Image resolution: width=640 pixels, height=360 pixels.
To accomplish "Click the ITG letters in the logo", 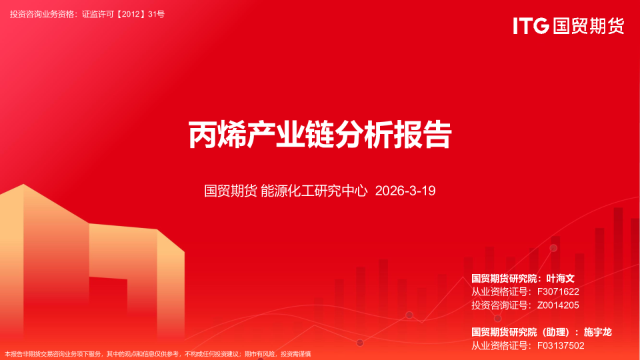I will tap(531, 26).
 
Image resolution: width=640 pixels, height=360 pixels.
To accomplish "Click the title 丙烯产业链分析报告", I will tap(320, 135).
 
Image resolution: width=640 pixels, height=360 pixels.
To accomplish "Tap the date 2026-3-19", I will tap(405, 191).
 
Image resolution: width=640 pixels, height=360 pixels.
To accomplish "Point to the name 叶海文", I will tap(560, 278).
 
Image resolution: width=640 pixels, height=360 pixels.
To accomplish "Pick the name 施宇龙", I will tap(597, 331).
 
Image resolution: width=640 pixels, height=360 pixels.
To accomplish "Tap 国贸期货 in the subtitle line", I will tap(230, 191).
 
